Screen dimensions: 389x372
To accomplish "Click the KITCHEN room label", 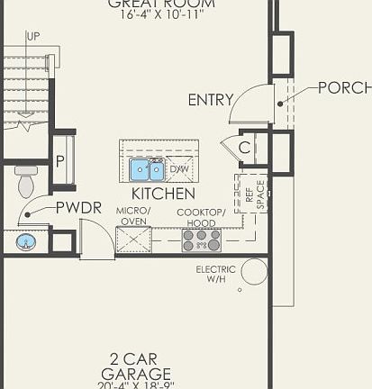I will coord(163,194).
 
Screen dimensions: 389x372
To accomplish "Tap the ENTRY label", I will coord(210,100).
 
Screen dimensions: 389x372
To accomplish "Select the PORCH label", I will coord(344,88).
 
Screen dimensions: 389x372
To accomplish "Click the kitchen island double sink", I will coord(146,169).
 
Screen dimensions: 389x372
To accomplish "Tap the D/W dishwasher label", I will coord(179,168).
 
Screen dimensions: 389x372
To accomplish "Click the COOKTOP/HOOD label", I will coord(201,217).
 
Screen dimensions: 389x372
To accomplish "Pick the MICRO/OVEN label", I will coord(133,215).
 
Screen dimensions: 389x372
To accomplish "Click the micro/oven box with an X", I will coord(133,240).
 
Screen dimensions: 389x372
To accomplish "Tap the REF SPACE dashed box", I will coord(252,194).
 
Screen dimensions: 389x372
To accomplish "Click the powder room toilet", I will coord(26,183).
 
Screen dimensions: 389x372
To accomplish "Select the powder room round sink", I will coord(26,241).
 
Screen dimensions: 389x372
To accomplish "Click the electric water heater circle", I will coord(254,272).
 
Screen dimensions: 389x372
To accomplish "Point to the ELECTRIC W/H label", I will coord(216,275).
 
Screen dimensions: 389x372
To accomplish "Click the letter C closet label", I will coord(244,148).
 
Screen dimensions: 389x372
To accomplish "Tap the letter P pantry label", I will coord(60,162).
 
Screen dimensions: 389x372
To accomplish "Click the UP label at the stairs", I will coord(33,37).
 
